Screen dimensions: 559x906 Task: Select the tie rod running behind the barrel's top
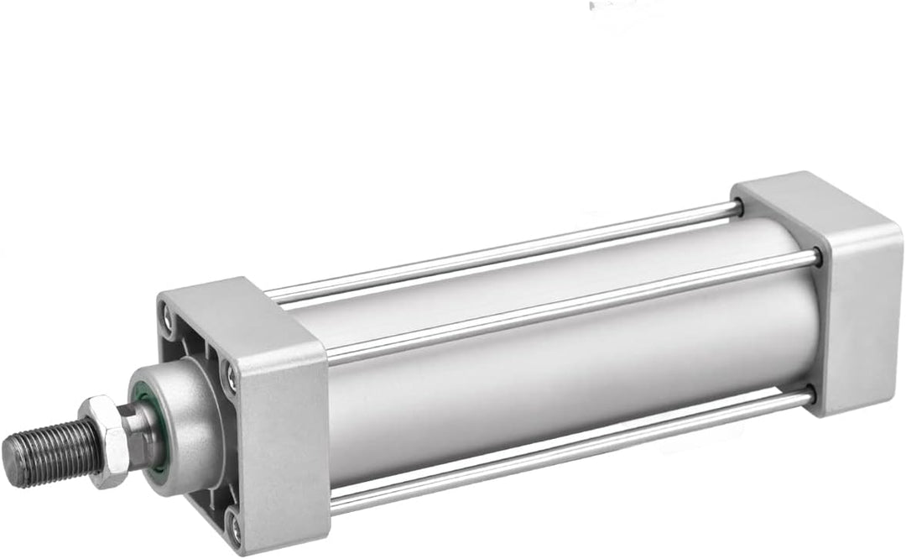click(503, 252)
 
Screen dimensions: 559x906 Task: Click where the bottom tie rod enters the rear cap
click(807, 396)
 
